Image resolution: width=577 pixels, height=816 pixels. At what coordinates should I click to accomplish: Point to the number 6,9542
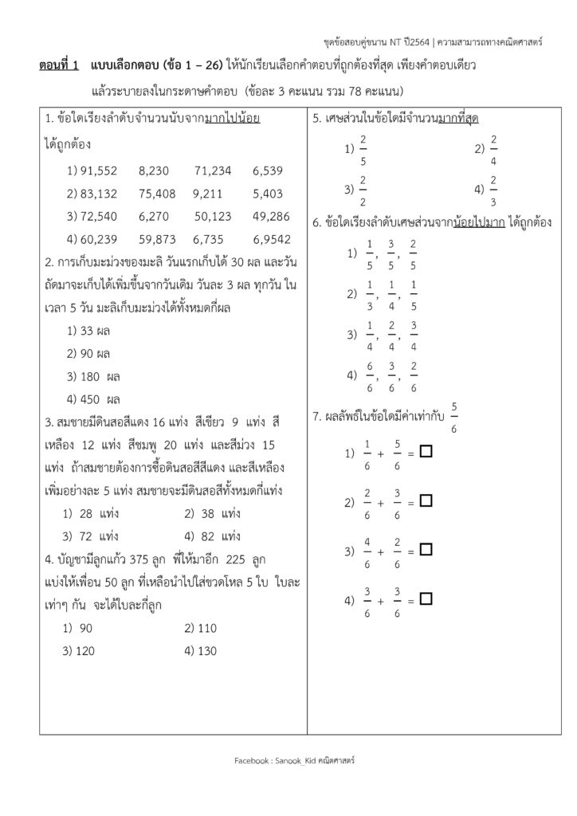click(x=272, y=239)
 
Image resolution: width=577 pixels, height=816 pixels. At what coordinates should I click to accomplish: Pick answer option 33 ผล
click(x=96, y=330)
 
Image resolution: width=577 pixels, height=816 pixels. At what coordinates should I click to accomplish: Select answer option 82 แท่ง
click(x=219, y=535)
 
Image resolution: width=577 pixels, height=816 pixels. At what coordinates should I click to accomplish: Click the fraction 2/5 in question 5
click(x=363, y=149)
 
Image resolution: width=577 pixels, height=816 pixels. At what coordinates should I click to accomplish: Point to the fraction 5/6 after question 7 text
click(x=453, y=417)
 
